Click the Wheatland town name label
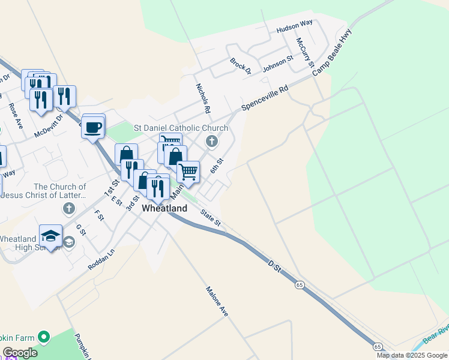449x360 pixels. point(164,209)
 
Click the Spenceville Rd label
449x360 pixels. point(265,98)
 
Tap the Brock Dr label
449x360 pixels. point(240,65)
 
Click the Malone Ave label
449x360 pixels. point(217,301)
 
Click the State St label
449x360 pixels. point(211,218)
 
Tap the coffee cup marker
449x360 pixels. point(93,127)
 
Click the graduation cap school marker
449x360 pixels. point(51,235)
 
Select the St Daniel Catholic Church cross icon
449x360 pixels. point(211,142)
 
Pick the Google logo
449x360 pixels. point(19,353)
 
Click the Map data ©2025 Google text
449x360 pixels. point(412,355)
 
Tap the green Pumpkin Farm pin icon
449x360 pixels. point(43,337)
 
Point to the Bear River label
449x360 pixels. point(436,335)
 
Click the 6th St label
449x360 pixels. point(217,166)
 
